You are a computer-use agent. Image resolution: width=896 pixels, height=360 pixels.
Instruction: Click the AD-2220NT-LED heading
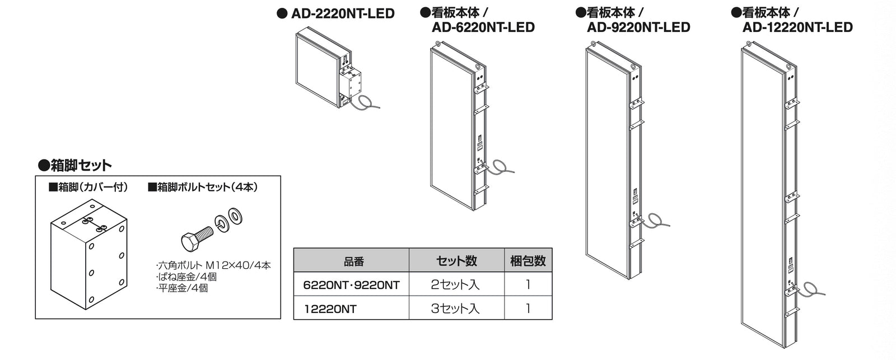click(x=343, y=13)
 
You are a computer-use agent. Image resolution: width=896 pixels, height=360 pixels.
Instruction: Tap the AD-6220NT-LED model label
click(x=483, y=27)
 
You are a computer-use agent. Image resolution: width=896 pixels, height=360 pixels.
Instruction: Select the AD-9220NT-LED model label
click(x=638, y=27)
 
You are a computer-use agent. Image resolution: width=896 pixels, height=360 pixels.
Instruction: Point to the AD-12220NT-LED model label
click(x=797, y=27)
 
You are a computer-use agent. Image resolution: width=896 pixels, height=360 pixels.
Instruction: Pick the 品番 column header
click(x=353, y=261)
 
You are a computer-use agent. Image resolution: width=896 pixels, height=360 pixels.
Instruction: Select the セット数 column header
click(x=456, y=261)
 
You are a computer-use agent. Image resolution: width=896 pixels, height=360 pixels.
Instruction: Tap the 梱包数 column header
click(x=528, y=261)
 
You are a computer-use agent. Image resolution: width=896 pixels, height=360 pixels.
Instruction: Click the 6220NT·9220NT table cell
click(x=351, y=285)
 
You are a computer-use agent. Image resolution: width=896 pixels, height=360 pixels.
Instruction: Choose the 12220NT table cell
click(x=330, y=309)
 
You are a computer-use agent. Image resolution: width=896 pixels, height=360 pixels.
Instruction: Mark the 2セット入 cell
click(x=455, y=284)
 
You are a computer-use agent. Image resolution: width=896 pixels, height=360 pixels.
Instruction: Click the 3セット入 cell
click(x=455, y=308)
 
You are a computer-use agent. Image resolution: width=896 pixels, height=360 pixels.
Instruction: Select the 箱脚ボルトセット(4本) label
click(x=203, y=187)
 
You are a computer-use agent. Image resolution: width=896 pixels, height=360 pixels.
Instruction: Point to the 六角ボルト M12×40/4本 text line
click(x=213, y=265)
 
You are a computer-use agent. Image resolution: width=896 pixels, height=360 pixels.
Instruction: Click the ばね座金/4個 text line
click(x=186, y=277)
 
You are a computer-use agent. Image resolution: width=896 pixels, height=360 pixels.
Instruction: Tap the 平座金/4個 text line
click(x=182, y=288)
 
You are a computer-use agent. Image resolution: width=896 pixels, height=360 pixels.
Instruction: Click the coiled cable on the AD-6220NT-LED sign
click(x=500, y=167)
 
